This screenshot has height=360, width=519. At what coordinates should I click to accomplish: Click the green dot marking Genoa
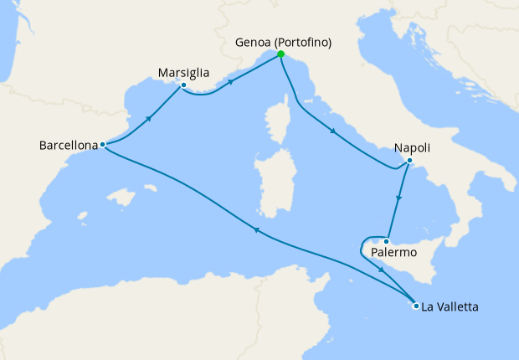(x=280, y=54)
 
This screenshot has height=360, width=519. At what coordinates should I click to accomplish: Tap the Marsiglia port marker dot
(x=183, y=85)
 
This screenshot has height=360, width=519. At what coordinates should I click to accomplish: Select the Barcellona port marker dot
(x=102, y=144)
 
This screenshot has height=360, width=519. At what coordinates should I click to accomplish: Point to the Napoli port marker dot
(x=409, y=161)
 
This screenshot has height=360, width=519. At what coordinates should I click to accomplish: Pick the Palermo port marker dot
(x=386, y=242)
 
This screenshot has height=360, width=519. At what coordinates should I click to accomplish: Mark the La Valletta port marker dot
(x=416, y=306)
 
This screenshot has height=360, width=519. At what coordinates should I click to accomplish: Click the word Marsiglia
(x=183, y=73)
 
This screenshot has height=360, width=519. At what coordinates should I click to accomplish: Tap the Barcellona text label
(x=68, y=145)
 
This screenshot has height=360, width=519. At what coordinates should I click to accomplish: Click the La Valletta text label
(x=450, y=307)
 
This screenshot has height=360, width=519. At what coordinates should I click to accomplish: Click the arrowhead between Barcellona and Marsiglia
(x=149, y=117)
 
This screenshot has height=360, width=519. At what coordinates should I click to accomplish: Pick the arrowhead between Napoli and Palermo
(x=399, y=199)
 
